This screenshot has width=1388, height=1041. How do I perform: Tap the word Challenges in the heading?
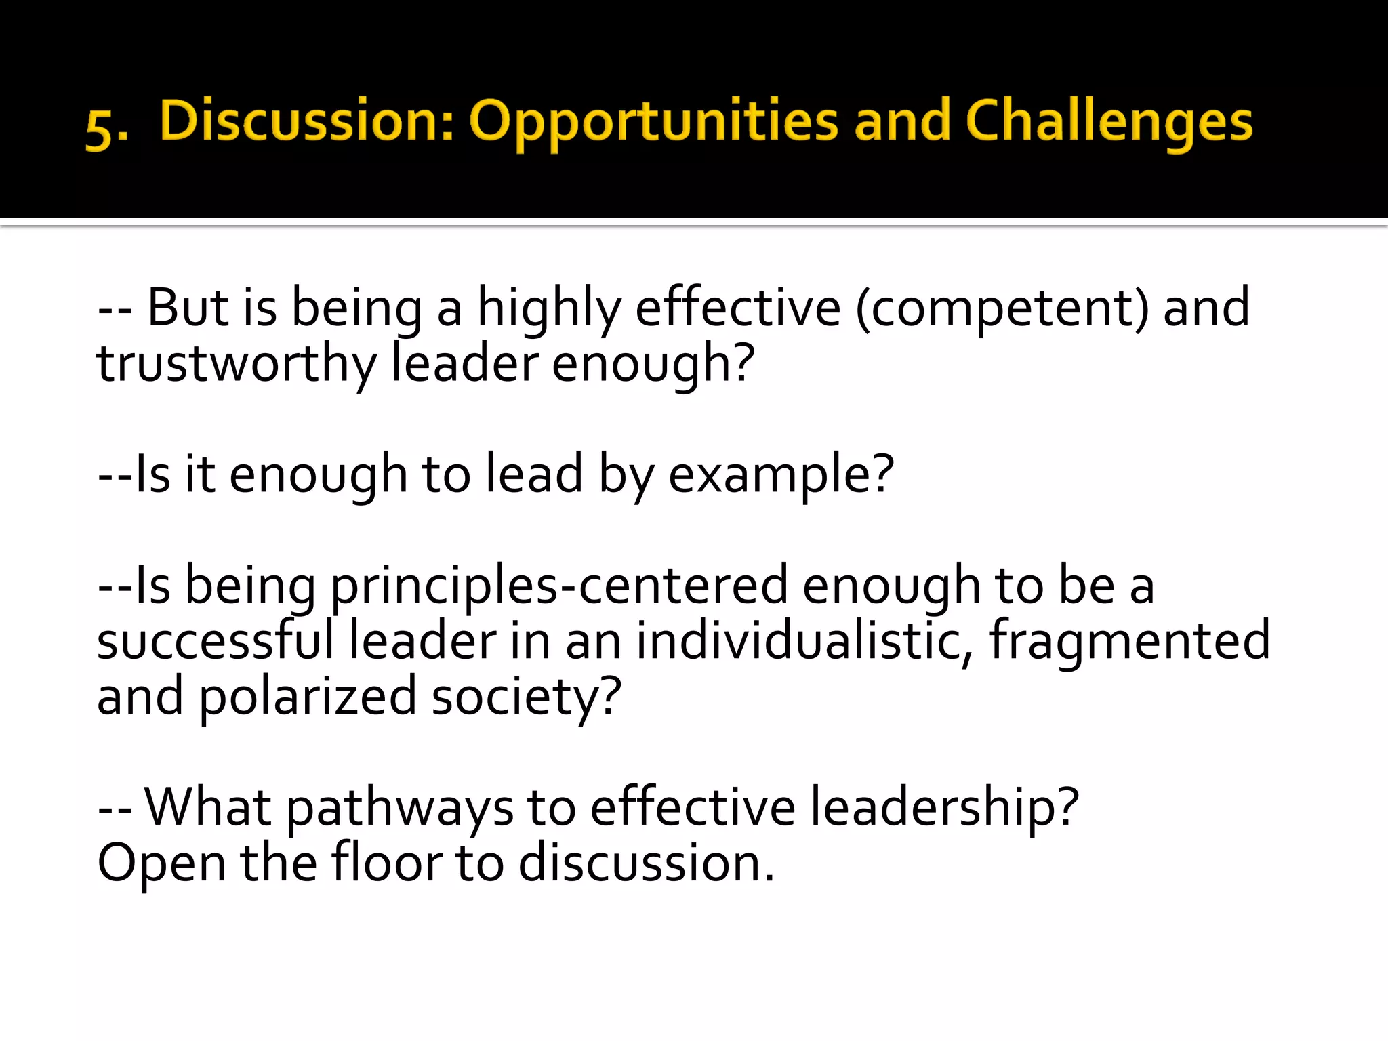click(1109, 122)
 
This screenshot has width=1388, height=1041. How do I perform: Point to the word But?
click(188, 308)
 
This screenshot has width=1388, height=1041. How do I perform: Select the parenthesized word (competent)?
click(1002, 309)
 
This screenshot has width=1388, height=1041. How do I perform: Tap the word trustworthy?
click(237, 365)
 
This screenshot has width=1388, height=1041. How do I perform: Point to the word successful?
click(216, 641)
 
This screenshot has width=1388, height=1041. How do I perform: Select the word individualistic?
click(800, 641)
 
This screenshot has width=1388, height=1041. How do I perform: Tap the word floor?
click(386, 863)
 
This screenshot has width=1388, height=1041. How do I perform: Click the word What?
click(208, 808)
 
